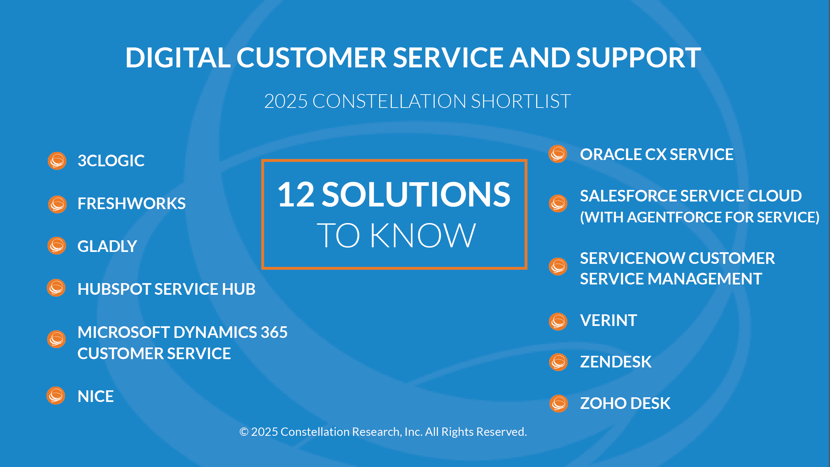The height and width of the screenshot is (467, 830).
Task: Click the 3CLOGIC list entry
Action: [x=111, y=161]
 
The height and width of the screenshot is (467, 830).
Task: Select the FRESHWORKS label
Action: [x=131, y=203]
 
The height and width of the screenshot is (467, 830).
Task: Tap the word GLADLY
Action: [x=107, y=246]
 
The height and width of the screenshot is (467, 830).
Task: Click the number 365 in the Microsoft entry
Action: [x=274, y=332]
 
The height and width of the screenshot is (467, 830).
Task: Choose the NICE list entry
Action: [x=96, y=396]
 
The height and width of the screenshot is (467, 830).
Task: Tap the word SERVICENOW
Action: [x=633, y=258]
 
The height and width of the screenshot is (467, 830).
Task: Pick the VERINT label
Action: [x=609, y=321]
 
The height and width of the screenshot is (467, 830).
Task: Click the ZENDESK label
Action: [x=616, y=362]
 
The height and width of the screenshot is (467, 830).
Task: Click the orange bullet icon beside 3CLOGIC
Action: [x=57, y=161]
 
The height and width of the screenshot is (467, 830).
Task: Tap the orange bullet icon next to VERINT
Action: [x=558, y=322]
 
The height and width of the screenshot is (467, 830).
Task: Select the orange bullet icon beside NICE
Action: [x=56, y=396]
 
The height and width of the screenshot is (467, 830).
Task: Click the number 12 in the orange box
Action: [x=296, y=195]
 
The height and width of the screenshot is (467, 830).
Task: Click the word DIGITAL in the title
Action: [x=178, y=57]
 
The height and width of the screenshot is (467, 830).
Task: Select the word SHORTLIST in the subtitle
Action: [x=521, y=101]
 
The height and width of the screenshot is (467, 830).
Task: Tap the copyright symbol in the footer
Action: [x=244, y=432]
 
